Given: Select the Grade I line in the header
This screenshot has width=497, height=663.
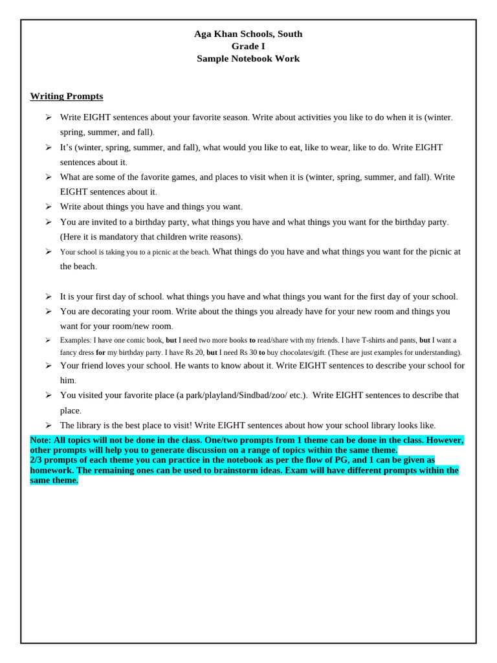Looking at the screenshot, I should (x=248, y=46).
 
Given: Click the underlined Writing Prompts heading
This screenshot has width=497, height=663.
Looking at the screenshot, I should (x=67, y=96).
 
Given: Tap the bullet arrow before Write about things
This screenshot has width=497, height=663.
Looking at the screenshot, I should (x=48, y=207).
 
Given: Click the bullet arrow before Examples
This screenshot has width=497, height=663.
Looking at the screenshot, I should (x=48, y=340).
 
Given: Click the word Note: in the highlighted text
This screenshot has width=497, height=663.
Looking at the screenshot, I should (x=41, y=440).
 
